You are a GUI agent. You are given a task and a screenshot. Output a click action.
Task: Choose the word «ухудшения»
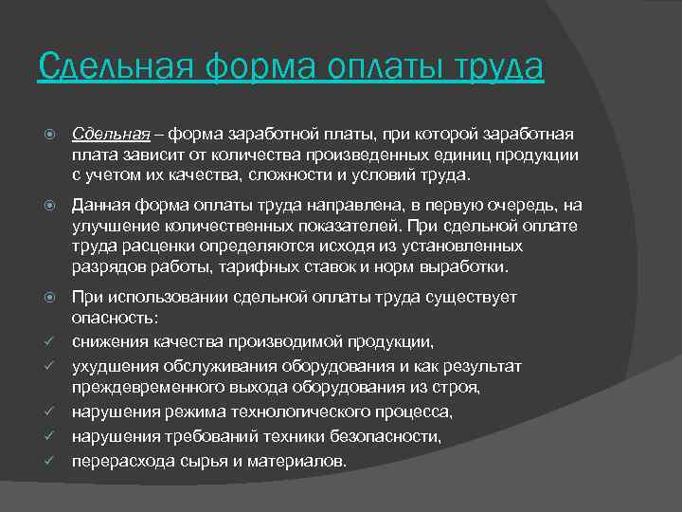click(x=114, y=366)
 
